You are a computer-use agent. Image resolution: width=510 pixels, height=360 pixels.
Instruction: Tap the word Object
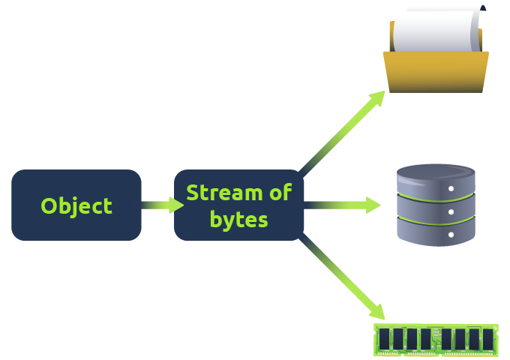(76, 206)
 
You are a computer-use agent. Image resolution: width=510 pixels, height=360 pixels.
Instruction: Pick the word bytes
(238, 220)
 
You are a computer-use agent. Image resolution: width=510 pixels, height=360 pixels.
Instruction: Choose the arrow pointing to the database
(341, 205)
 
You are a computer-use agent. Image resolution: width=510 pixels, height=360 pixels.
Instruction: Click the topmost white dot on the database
(451, 190)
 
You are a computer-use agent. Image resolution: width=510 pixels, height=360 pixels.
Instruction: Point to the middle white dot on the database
(451, 212)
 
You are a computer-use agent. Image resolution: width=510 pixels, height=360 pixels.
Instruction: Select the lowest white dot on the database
(451, 234)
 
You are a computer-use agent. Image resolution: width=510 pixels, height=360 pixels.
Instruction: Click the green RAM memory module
(435, 340)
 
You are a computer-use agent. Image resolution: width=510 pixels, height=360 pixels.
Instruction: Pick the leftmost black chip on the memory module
(385, 339)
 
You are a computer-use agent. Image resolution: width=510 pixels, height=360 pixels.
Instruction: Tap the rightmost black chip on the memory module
(487, 339)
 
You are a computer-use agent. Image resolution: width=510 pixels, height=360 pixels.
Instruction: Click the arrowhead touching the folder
(378, 97)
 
